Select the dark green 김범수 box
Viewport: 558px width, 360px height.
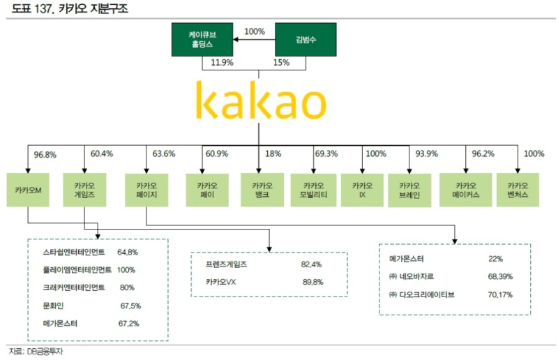point(306,39)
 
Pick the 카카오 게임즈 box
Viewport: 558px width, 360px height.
point(84,189)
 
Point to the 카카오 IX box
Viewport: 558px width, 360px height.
point(362,189)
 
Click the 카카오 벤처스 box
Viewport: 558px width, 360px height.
point(518,189)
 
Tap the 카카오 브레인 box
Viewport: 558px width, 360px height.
point(410,189)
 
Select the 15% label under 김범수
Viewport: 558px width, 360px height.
point(281,63)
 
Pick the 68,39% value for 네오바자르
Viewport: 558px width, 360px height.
point(500,277)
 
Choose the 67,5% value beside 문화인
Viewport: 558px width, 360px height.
point(130,306)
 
